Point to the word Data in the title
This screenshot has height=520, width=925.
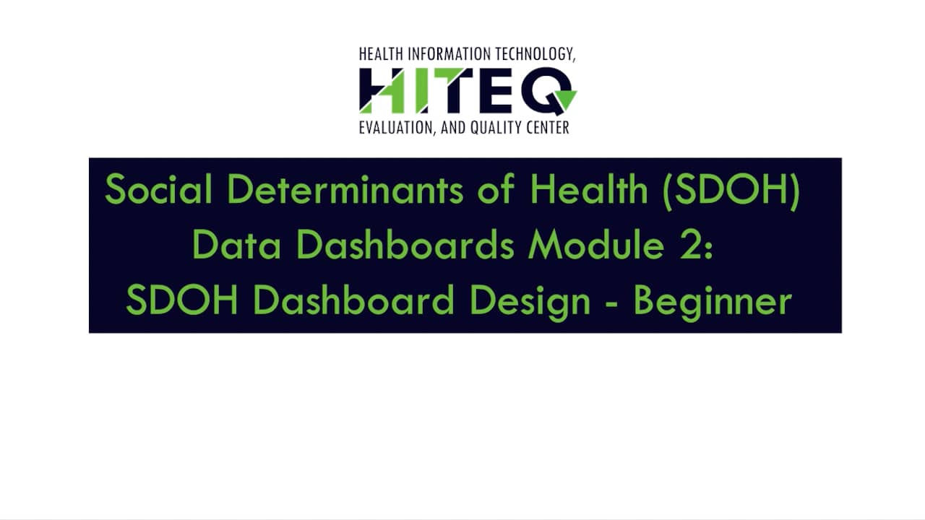[x=236, y=246]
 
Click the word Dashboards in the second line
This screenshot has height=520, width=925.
[x=405, y=246]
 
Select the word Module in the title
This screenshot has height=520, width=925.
[x=596, y=246]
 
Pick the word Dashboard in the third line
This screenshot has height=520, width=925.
[x=353, y=302]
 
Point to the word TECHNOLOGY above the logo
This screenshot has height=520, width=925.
[x=535, y=54]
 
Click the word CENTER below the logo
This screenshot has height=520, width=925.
[x=547, y=128]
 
